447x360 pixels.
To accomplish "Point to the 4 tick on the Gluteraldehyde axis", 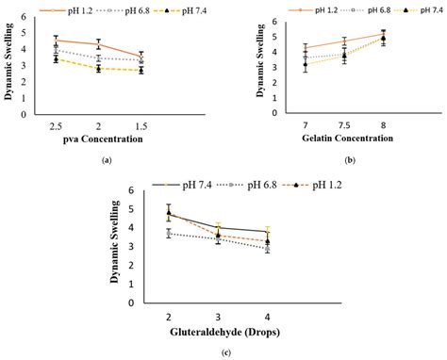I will (x=268, y=317).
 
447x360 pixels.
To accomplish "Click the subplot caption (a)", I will (x=107, y=161).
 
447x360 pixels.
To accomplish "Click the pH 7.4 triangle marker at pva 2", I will (x=99, y=69).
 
